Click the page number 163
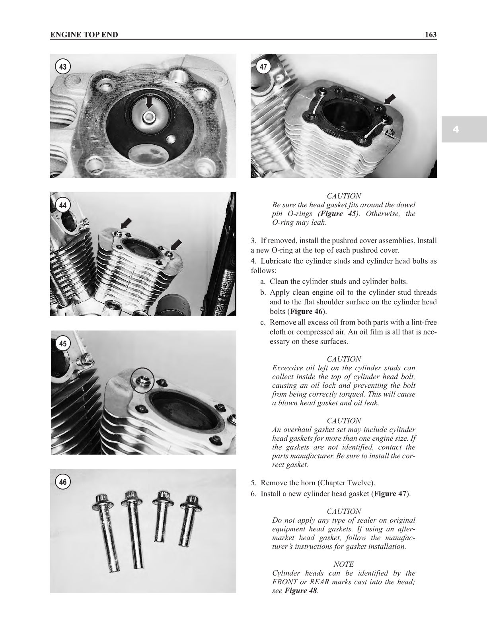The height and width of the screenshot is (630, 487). [x=431, y=35]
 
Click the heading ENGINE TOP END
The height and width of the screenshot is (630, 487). [x=84, y=35]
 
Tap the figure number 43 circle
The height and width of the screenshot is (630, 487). [x=63, y=67]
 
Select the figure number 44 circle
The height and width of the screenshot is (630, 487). [x=63, y=205]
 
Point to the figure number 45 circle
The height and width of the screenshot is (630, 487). [x=63, y=343]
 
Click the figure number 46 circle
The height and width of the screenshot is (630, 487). [x=63, y=482]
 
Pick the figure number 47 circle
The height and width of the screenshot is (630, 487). [x=263, y=67]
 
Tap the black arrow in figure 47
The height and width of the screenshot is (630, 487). [x=391, y=99]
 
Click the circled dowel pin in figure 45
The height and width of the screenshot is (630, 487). [x=142, y=379]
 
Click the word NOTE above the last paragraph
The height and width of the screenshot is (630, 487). [x=344, y=564]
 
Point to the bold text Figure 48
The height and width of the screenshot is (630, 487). [x=301, y=591]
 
